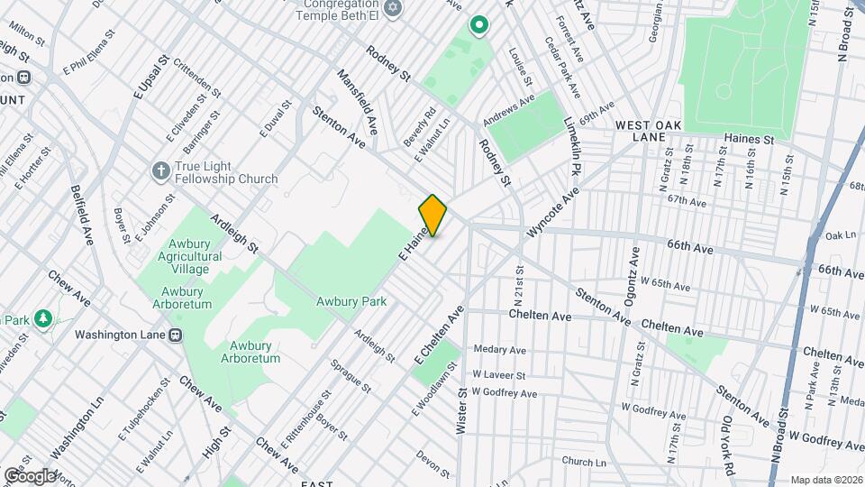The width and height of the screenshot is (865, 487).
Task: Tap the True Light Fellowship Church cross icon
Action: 160,170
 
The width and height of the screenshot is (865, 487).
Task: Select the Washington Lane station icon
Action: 177,334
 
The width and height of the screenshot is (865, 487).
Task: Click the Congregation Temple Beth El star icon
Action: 391,9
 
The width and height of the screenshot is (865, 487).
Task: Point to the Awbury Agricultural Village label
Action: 192,257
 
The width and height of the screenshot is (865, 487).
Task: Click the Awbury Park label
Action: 351,302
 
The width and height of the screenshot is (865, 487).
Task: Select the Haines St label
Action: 749,140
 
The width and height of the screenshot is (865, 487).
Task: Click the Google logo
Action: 30,475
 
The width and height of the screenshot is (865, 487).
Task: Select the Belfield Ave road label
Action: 82,215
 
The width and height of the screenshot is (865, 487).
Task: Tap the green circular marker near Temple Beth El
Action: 478,25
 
